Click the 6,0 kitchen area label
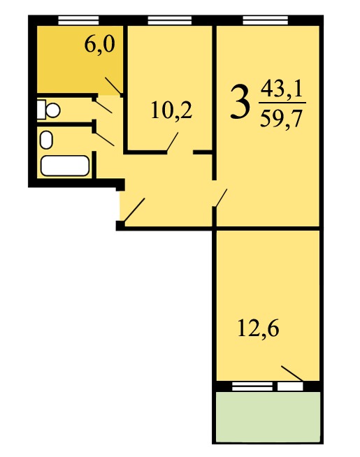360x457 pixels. pyautogui.click(x=100, y=45)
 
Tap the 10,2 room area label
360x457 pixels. pyautogui.click(x=171, y=112)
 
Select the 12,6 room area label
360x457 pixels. pyautogui.click(x=258, y=328)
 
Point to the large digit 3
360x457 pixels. pyautogui.click(x=240, y=102)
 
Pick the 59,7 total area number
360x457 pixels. pyautogui.click(x=280, y=119)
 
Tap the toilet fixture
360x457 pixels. pyautogui.click(x=48, y=110)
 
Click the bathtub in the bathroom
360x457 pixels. pyautogui.click(x=65, y=166)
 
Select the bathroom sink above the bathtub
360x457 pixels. pyautogui.click(x=46, y=140)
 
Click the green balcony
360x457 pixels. pyautogui.click(x=268, y=416)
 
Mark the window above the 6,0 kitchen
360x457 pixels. pyautogui.click(x=78, y=21)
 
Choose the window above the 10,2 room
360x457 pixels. pyautogui.click(x=170, y=21)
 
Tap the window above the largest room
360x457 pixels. pyautogui.click(x=265, y=21)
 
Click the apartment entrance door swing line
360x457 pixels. pyautogui.click(x=134, y=210)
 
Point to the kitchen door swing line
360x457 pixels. pyautogui.click(x=113, y=86)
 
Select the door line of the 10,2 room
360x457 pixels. pyautogui.click(x=172, y=143)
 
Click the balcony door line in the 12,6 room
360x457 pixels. pyautogui.click(x=292, y=373)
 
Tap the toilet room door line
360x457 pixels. pyautogui.click(x=103, y=107)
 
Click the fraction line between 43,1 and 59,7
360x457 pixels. pyautogui.click(x=282, y=103)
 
